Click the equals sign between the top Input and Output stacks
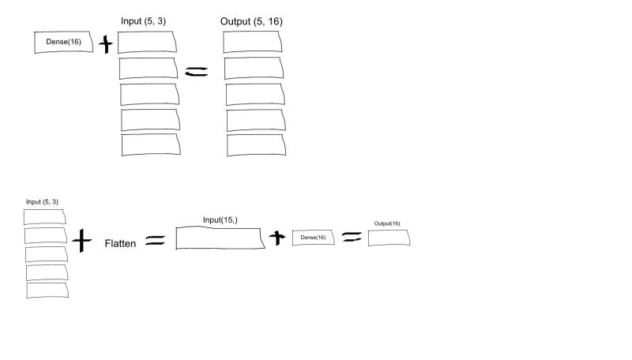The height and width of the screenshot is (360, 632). tap(197, 71)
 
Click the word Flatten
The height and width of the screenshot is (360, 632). tap(120, 243)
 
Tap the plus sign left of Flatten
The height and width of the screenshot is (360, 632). tap(81, 239)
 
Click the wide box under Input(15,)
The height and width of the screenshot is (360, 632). tap(220, 238)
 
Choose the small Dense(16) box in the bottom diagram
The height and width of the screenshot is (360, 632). tap(314, 237)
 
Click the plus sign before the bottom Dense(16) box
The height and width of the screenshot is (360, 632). tap(276, 237)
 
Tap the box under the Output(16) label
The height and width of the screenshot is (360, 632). tap(390, 237)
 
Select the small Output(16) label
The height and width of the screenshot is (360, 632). tap(387, 223)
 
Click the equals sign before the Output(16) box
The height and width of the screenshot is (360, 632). tap(352, 236)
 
